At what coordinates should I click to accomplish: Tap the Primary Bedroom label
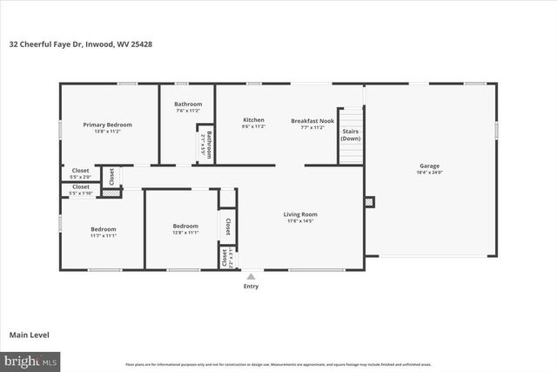pyautogui.click(x=107, y=125)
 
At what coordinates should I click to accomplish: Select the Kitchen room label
pyautogui.click(x=253, y=119)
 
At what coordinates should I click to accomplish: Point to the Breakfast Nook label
pyautogui.click(x=312, y=119)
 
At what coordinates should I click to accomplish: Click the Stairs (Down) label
pyautogui.click(x=350, y=135)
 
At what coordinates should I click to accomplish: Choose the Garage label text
pyautogui.click(x=429, y=165)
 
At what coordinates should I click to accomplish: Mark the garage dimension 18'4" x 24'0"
pyautogui.click(x=429, y=172)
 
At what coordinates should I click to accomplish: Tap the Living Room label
pyautogui.click(x=300, y=213)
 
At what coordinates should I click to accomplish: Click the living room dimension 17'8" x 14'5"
pyautogui.click(x=300, y=221)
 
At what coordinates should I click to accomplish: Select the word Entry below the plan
pyautogui.click(x=251, y=286)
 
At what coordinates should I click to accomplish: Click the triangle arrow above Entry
pyautogui.click(x=251, y=275)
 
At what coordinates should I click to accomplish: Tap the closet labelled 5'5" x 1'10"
pyautogui.click(x=80, y=189)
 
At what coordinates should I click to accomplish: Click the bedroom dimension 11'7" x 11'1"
pyautogui.click(x=103, y=235)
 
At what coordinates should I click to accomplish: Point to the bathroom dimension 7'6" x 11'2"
pyautogui.click(x=188, y=111)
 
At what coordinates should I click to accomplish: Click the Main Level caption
pyautogui.click(x=30, y=335)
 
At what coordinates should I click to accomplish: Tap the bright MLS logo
pyautogui.click(x=30, y=359)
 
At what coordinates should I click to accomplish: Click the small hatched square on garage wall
pyautogui.click(x=370, y=202)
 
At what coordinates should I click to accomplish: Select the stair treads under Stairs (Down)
pyautogui.click(x=350, y=153)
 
